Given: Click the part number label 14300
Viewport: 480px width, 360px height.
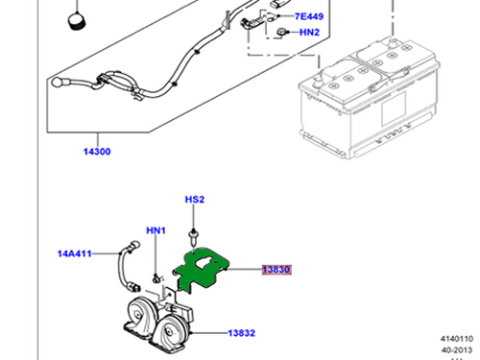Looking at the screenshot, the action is click(x=97, y=152).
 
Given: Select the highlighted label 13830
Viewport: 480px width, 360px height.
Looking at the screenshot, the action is click(x=276, y=270).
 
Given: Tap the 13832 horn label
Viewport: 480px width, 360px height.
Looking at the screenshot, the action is click(x=242, y=333).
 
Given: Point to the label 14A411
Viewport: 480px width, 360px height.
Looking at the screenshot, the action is click(x=75, y=253).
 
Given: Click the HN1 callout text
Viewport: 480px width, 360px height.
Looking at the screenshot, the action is click(x=156, y=230).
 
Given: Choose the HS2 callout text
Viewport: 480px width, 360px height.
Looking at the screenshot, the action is click(x=195, y=200).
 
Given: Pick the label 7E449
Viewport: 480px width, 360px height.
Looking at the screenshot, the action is click(x=309, y=16).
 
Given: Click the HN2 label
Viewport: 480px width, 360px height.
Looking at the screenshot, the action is click(x=309, y=33).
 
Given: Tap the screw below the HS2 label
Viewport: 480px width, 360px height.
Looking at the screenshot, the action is click(x=193, y=237).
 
